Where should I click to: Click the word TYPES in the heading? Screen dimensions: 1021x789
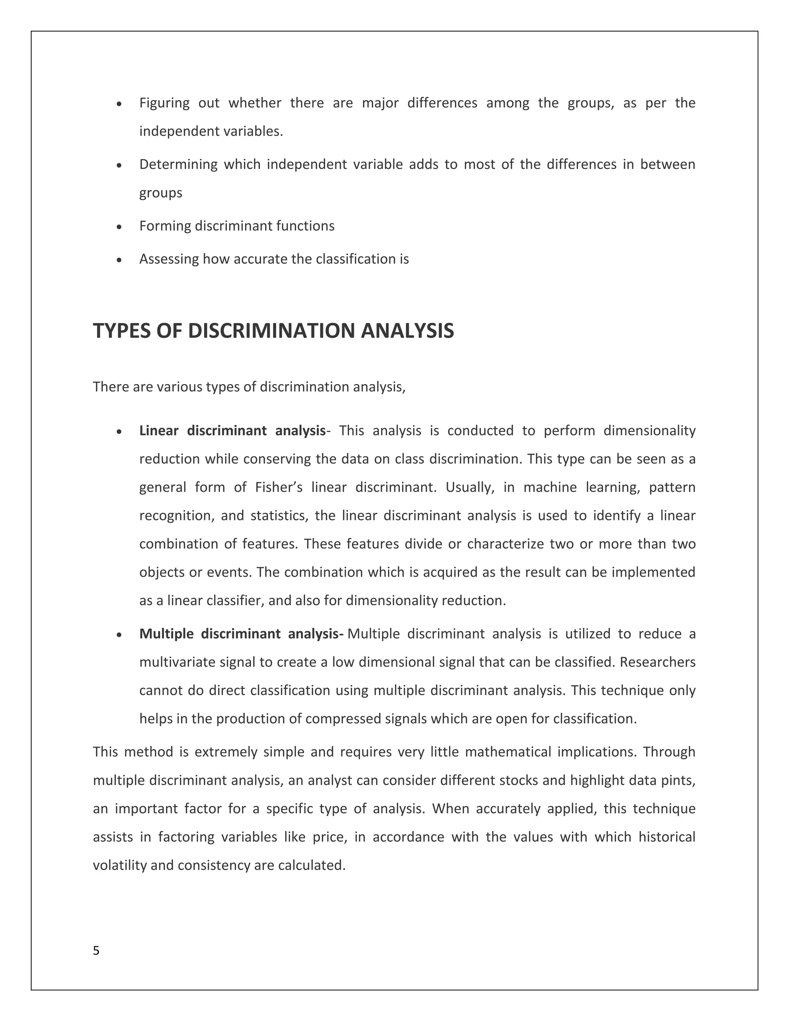[121, 331]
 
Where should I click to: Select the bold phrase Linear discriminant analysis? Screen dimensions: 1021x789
[232, 431]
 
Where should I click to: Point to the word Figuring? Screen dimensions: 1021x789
[164, 103]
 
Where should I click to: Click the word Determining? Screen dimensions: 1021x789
[178, 165]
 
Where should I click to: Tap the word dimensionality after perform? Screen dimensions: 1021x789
[649, 431]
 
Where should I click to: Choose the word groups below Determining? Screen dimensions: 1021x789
[160, 193]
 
